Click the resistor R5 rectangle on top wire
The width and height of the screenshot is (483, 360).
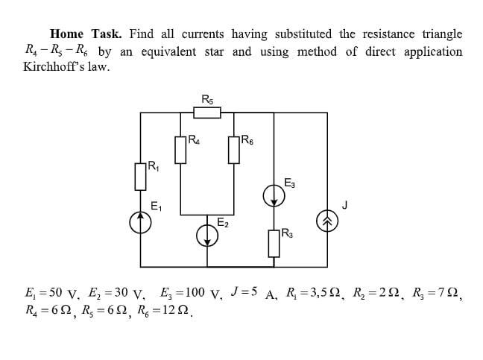tap(207, 113)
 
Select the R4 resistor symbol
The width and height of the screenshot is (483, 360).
tap(180, 148)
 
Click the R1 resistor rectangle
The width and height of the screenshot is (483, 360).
tap(140, 177)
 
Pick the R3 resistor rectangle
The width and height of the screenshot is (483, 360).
tap(274, 242)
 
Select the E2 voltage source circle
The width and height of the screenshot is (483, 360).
tap(206, 236)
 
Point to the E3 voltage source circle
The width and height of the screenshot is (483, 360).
tap(274, 196)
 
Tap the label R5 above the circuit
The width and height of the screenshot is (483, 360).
tap(207, 98)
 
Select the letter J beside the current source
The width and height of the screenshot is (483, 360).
tap(344, 203)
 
